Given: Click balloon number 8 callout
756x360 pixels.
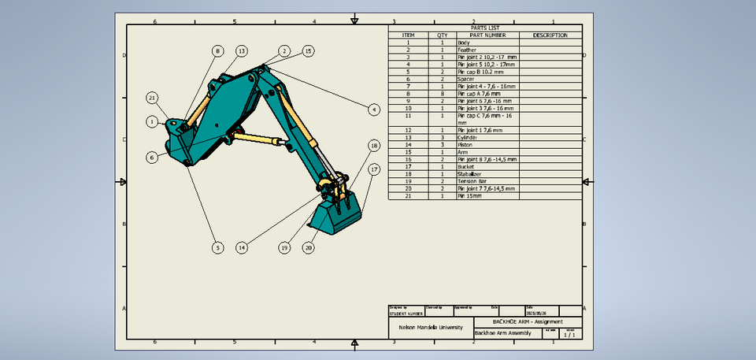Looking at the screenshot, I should [x=217, y=50].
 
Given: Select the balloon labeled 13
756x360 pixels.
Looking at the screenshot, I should [x=242, y=50].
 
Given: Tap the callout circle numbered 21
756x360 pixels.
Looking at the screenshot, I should [x=153, y=98].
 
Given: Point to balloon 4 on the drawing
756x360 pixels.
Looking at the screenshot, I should [x=374, y=109].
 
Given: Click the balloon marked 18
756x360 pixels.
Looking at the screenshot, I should [x=374, y=146].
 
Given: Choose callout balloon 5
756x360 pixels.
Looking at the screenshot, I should [x=217, y=247].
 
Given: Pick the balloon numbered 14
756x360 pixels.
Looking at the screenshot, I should [x=242, y=247].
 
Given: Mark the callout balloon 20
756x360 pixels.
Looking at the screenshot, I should [x=309, y=247].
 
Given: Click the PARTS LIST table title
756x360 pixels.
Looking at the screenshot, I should [x=484, y=28].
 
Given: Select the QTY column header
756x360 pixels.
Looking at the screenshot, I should [x=443, y=35].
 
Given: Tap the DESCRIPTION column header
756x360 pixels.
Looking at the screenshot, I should [x=550, y=35].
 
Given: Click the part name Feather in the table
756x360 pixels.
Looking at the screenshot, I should [x=468, y=50].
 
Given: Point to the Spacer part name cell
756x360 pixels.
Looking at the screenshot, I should [x=467, y=79].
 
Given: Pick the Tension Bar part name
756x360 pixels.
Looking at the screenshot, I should [x=472, y=181].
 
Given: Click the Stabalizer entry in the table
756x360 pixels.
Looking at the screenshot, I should [x=470, y=173].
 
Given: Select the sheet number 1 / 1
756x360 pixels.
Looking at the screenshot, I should [x=569, y=335].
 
